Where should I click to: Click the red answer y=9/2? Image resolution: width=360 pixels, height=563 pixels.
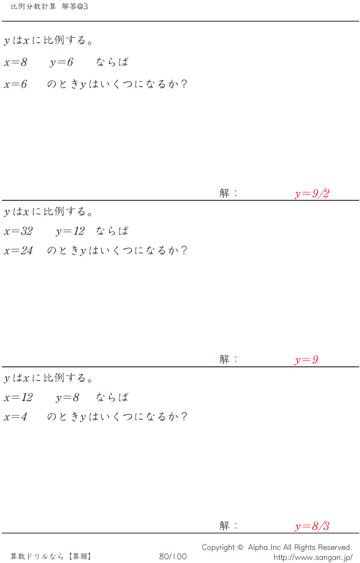312,194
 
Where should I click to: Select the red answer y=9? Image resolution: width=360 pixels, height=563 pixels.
306,360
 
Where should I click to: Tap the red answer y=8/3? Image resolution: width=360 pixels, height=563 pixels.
312,527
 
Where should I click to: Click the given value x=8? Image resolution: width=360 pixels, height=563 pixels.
16,62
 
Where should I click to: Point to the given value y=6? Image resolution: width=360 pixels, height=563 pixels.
62,62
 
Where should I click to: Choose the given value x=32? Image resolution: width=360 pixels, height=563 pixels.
19,231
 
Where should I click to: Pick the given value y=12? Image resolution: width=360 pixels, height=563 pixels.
70,231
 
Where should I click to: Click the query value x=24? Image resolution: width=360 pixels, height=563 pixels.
19,251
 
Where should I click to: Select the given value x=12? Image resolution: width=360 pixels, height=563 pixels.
19,398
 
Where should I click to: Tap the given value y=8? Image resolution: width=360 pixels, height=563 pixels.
68,398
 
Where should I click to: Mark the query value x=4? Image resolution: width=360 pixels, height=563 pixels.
16,417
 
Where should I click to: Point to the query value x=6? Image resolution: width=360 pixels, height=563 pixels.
16,85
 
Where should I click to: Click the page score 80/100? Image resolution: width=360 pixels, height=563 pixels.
173,556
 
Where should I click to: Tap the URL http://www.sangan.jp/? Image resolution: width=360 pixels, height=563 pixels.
313,557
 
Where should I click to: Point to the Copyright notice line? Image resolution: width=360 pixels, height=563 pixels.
277,547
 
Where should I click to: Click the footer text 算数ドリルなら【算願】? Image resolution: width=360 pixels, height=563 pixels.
50,556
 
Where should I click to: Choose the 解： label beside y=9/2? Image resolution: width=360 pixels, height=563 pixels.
229,193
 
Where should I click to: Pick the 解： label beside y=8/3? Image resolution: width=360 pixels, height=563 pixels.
229,526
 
